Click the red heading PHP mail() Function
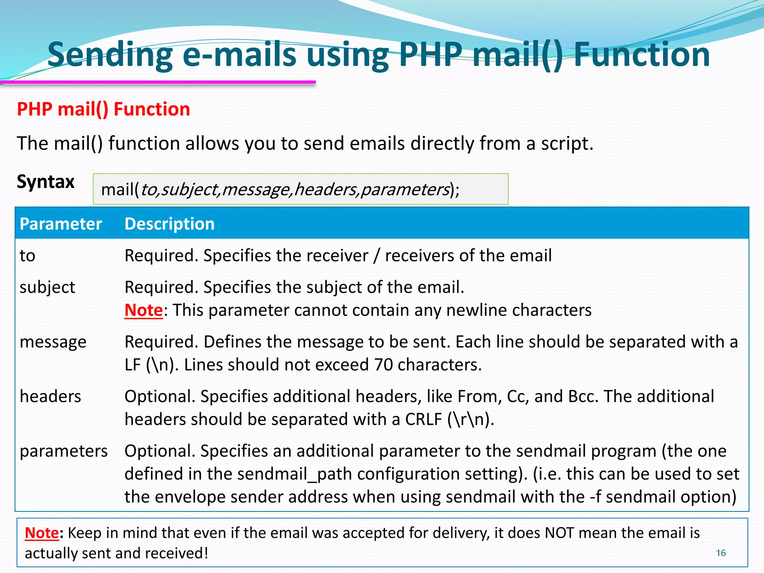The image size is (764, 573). pyautogui.click(x=103, y=109)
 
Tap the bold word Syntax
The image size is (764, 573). pyautogui.click(x=46, y=182)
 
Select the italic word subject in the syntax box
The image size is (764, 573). pyautogui.click(x=190, y=190)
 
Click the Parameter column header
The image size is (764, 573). pyautogui.click(x=60, y=224)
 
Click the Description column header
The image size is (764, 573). pyautogui.click(x=169, y=224)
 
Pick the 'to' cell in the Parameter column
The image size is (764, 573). pyautogui.click(x=27, y=256)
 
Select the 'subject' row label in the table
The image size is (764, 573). pyautogui.click(x=47, y=288)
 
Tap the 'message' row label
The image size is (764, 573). pyautogui.click(x=53, y=342)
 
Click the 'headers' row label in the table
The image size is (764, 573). pyautogui.click(x=50, y=397)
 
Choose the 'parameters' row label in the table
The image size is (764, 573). pyautogui.click(x=63, y=451)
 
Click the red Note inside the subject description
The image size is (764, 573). pyautogui.click(x=143, y=310)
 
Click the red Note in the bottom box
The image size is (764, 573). pyautogui.click(x=42, y=533)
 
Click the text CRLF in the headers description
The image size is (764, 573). pyautogui.click(x=423, y=420)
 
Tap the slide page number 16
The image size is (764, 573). pyautogui.click(x=720, y=553)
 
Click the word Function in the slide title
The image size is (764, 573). pyautogui.click(x=641, y=55)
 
